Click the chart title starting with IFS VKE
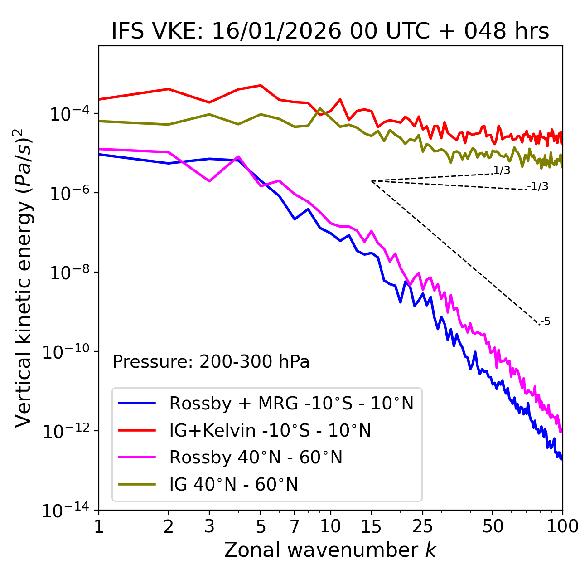click(330, 32)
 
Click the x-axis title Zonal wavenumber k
click(330, 550)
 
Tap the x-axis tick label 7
click(295, 526)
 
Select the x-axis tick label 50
click(493, 526)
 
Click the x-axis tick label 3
click(209, 526)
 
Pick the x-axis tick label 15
click(371, 526)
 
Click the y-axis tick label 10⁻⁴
click(68, 114)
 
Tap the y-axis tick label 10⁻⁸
click(68, 273)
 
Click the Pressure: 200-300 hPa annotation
click(211, 362)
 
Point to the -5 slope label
click(545, 322)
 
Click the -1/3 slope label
click(538, 186)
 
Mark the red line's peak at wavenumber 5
click(261, 85)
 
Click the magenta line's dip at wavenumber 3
click(209, 181)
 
